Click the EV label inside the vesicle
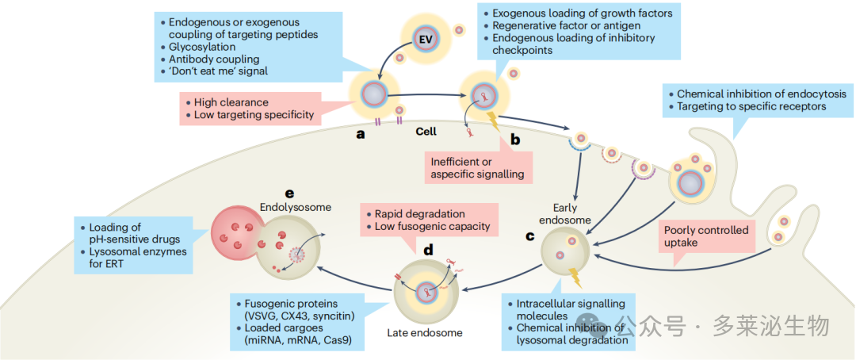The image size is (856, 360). pyautogui.click(x=426, y=40)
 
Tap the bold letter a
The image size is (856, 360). pyautogui.click(x=360, y=133)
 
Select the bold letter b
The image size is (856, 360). pyautogui.click(x=515, y=140)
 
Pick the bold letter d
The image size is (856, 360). pyautogui.click(x=429, y=250)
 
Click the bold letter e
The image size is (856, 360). pyautogui.click(x=290, y=193)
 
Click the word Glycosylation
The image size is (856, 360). pyautogui.click(x=203, y=47)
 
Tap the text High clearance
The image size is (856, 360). pyautogui.click(x=231, y=103)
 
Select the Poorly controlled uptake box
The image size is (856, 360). pyautogui.click(x=706, y=236)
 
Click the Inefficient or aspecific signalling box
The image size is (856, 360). pyautogui.click(x=478, y=168)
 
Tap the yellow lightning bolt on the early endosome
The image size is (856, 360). pyautogui.click(x=575, y=278)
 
